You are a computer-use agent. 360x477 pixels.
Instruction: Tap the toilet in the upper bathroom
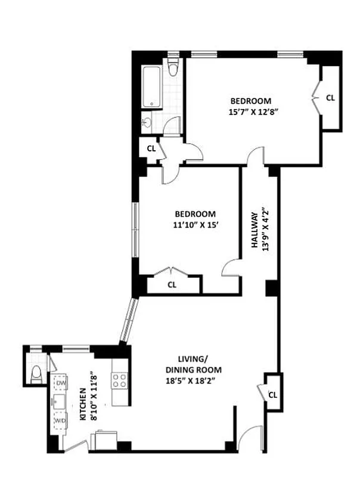click(173, 69)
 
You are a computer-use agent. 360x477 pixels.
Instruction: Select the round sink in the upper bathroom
click(147, 123)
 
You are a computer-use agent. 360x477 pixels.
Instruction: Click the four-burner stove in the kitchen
click(119, 380)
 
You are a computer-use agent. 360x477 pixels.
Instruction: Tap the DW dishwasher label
click(61, 383)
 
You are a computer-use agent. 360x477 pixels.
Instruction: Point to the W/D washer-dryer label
click(61, 421)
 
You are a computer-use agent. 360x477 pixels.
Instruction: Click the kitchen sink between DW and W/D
click(60, 402)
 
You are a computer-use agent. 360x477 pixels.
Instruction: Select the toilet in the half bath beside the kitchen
click(36, 374)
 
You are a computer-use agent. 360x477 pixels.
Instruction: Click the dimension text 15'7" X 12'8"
click(251, 111)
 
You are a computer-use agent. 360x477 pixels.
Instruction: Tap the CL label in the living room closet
click(272, 395)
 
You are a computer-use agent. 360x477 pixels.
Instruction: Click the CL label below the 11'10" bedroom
click(172, 285)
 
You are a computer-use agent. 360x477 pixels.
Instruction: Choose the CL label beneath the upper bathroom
click(151, 148)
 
